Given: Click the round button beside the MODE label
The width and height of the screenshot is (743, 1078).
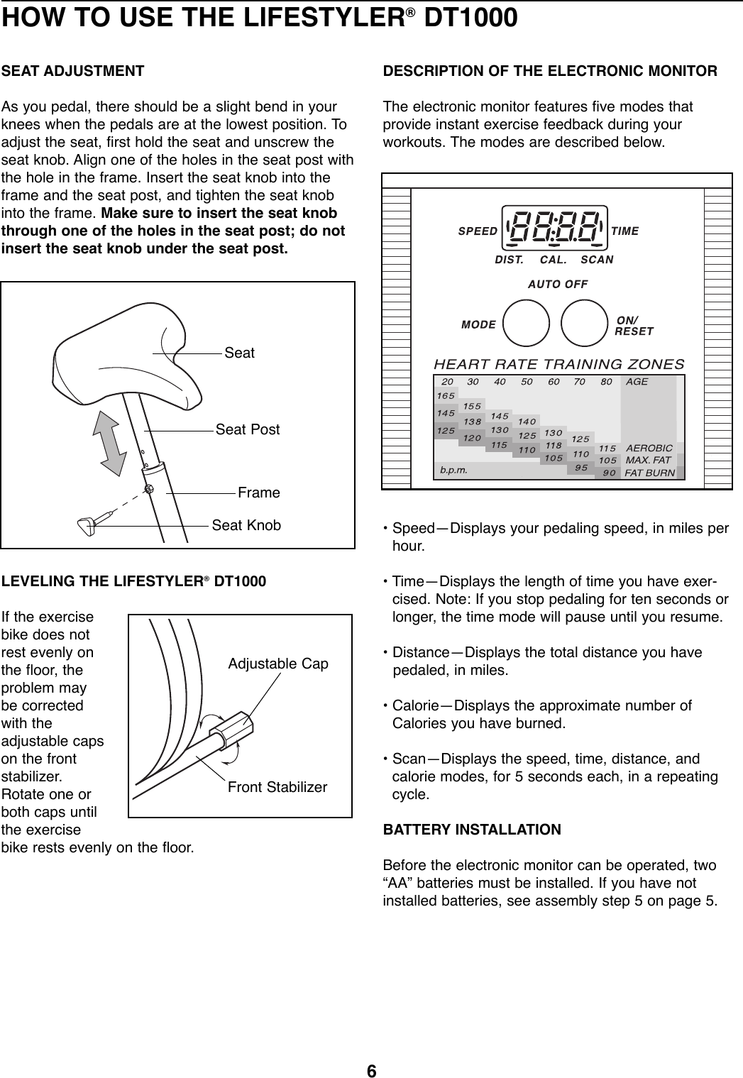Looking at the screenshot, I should click(526, 324).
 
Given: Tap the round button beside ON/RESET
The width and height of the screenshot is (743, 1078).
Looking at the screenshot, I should click(583, 324).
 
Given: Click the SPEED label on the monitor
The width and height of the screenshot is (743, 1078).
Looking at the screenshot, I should click(478, 231).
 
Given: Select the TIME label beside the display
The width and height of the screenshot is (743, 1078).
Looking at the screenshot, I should click(624, 231).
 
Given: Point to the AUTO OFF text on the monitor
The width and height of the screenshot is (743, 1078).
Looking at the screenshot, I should click(557, 284).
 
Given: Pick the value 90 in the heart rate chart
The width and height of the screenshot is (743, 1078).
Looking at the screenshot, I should click(609, 473).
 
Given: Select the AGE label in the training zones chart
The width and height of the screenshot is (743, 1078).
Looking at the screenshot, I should click(637, 381).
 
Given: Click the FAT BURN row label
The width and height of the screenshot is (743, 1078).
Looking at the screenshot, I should click(650, 473).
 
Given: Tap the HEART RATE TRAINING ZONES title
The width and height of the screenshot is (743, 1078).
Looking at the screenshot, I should click(558, 364).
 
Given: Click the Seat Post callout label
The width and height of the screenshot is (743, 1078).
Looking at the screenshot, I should click(248, 429).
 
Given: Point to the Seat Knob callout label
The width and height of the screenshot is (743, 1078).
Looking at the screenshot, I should click(246, 525).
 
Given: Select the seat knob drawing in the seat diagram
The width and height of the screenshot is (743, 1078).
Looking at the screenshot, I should click(89, 526).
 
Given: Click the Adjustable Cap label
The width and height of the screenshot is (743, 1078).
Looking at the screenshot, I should click(278, 664).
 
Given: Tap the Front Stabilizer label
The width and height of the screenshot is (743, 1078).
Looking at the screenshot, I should click(277, 788).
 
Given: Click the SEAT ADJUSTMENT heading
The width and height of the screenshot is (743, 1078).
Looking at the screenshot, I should click(73, 72).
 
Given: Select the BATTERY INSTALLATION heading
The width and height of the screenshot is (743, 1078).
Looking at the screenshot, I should click(472, 830).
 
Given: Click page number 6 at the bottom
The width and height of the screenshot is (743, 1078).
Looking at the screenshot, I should click(371, 1069).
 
